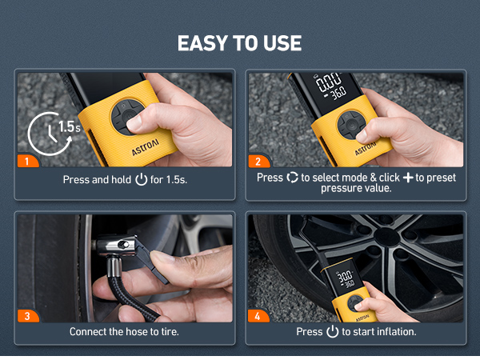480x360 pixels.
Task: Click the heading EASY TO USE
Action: coord(240,42)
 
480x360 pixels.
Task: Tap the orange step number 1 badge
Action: coord(26,161)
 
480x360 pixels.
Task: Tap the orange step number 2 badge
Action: coord(257,161)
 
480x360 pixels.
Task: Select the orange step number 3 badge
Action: coord(26,315)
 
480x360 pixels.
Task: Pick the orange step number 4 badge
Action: coord(257,315)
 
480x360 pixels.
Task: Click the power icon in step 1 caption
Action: coord(142,180)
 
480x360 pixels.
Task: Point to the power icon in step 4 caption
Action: coord(332,331)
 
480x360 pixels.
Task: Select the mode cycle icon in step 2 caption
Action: coord(292,177)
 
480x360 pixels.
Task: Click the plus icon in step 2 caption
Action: coord(408,177)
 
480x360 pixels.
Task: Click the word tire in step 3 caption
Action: coord(166,331)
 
